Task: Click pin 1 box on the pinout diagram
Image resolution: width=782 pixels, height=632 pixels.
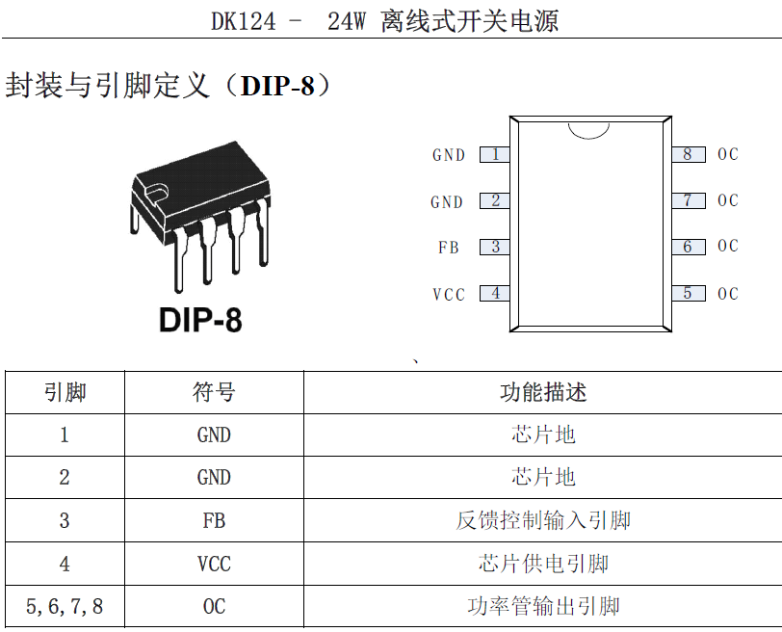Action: click(x=495, y=155)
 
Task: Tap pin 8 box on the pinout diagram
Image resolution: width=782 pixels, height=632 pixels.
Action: click(x=689, y=155)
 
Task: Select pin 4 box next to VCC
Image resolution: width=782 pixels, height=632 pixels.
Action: click(x=495, y=293)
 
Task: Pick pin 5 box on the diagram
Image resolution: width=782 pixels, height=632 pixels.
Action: click(x=689, y=293)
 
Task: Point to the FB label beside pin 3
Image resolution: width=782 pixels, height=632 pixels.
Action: click(x=449, y=248)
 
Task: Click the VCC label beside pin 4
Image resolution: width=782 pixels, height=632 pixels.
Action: click(x=449, y=294)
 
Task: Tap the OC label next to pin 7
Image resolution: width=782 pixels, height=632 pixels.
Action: click(x=728, y=200)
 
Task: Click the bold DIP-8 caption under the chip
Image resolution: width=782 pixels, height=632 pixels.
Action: click(x=200, y=320)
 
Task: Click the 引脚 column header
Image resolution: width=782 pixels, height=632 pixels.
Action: click(x=65, y=392)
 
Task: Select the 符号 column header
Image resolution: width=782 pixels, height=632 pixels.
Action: click(x=214, y=392)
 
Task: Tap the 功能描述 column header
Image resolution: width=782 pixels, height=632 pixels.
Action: click(x=543, y=392)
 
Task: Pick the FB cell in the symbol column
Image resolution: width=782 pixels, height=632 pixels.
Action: click(x=214, y=521)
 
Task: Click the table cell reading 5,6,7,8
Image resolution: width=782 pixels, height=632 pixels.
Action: click(x=65, y=607)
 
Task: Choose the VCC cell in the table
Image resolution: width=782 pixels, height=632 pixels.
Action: click(x=214, y=565)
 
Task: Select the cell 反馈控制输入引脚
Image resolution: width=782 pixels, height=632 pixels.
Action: click(x=543, y=520)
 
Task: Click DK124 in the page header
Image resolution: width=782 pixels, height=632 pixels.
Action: click(x=244, y=21)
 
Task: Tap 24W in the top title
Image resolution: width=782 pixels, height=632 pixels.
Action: click(x=347, y=21)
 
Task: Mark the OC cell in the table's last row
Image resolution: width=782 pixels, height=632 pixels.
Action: click(x=214, y=607)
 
